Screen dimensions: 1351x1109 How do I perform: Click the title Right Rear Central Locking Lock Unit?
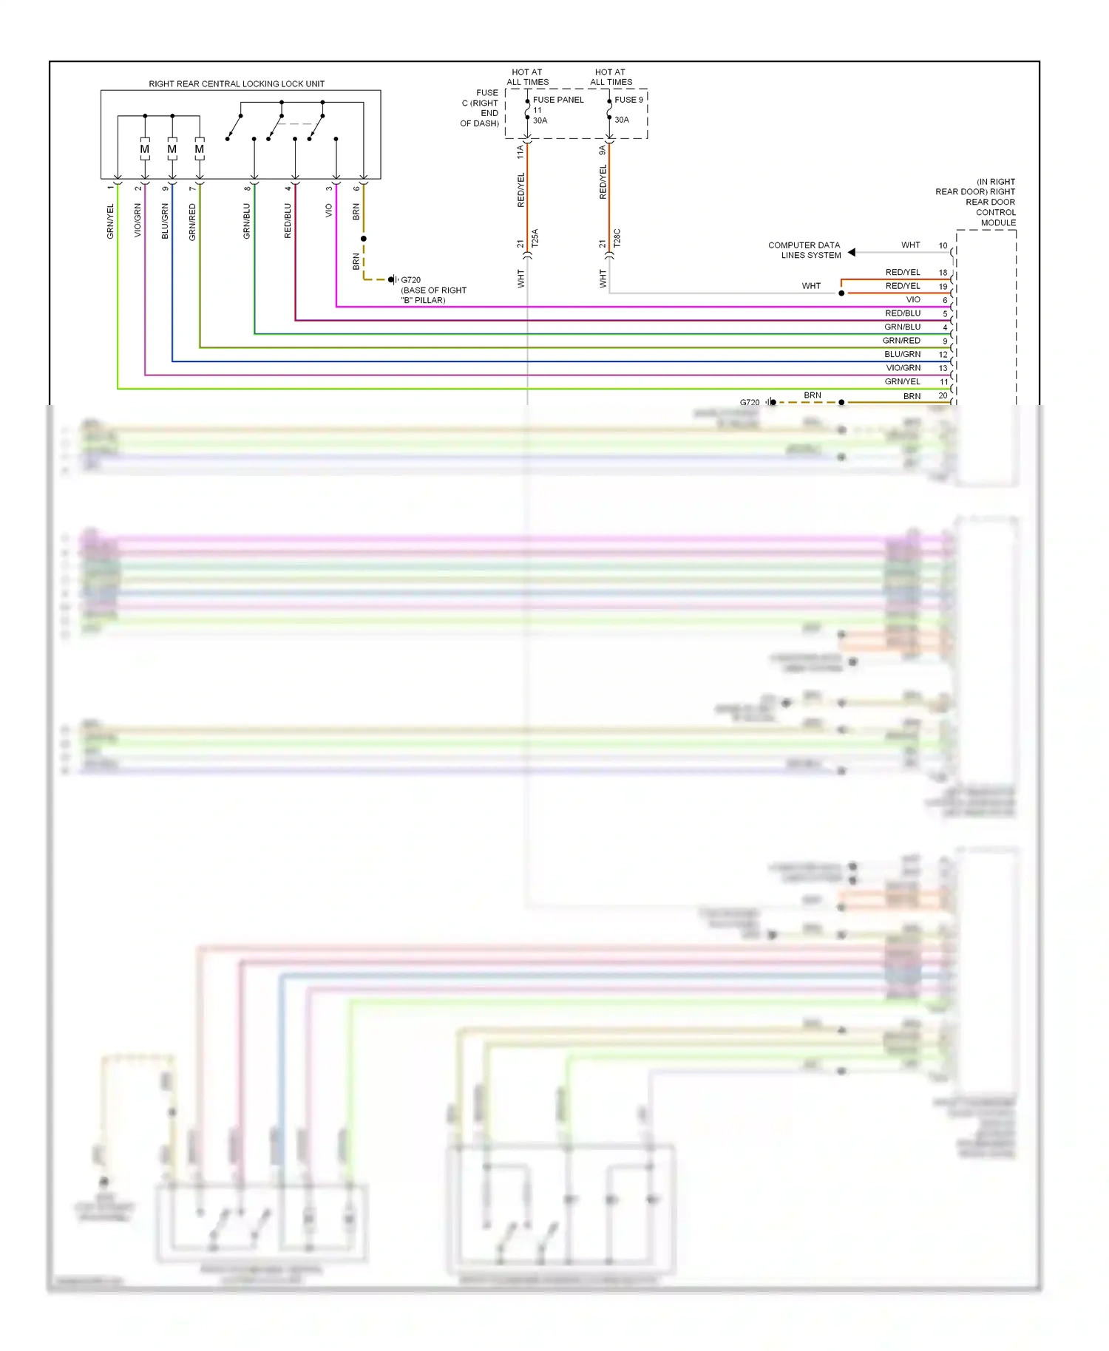click(237, 84)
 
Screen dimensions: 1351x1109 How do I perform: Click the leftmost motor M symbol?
click(145, 149)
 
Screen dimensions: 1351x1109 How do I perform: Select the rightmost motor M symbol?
click(200, 149)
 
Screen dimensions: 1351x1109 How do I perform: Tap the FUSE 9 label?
click(628, 100)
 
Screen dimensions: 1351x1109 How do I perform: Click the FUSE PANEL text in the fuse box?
click(558, 100)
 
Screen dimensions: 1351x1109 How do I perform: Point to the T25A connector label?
click(535, 238)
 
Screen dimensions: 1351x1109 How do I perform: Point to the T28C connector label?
click(617, 238)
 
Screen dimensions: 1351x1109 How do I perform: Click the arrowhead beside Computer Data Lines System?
click(852, 252)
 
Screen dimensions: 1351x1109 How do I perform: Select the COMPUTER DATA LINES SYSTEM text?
click(804, 250)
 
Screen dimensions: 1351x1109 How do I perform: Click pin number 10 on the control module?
click(943, 245)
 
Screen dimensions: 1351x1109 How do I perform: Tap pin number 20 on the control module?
click(943, 395)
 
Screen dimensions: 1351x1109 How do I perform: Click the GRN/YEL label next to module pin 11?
click(902, 381)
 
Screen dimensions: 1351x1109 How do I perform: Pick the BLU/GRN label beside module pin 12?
click(902, 354)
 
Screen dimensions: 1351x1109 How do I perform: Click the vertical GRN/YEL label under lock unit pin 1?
click(111, 222)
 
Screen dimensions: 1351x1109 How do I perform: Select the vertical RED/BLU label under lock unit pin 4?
click(288, 221)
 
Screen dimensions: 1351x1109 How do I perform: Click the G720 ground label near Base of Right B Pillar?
click(410, 280)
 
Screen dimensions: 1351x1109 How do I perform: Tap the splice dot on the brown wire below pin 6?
click(364, 239)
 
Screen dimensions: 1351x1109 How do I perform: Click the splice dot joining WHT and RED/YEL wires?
click(841, 293)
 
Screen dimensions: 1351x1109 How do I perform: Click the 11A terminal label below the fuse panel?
click(520, 152)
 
